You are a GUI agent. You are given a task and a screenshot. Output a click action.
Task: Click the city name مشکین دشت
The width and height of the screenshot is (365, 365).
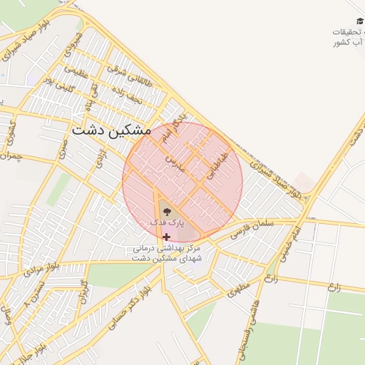click(x=111, y=130)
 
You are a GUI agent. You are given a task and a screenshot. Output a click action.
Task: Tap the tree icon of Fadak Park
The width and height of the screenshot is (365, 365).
click(x=165, y=211)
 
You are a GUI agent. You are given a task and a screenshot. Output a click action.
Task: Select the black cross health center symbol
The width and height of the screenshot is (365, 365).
click(x=167, y=237)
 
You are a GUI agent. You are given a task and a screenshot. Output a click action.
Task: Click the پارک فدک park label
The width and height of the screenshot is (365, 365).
click(x=167, y=223)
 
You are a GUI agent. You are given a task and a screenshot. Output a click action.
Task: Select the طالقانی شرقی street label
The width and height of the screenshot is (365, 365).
click(x=126, y=70)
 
